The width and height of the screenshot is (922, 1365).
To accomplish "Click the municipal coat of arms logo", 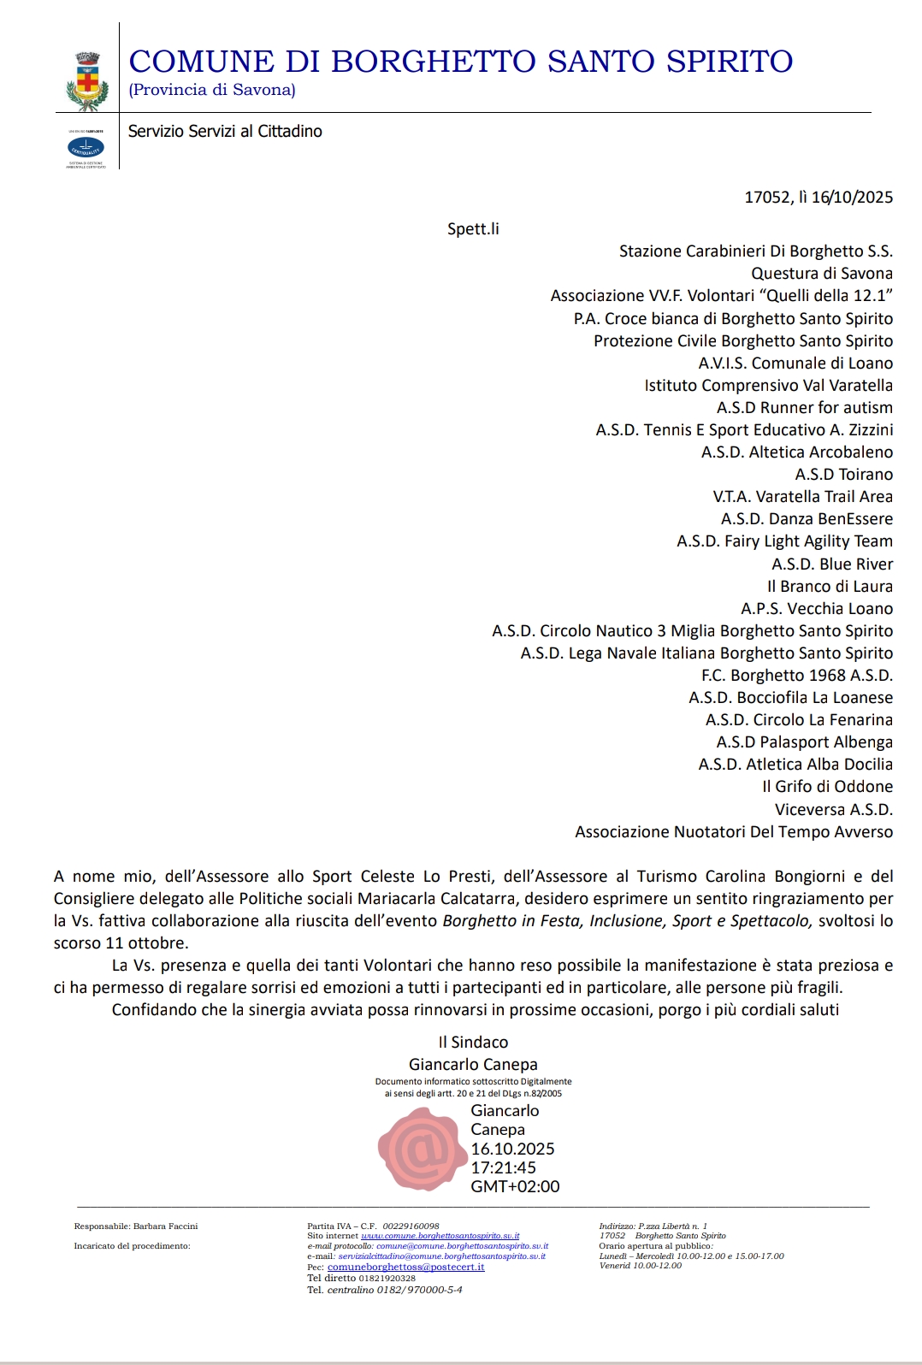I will point(86,80).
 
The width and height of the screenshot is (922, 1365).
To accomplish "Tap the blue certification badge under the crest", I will point(86,148).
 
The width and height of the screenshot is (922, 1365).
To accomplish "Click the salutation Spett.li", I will point(473,229).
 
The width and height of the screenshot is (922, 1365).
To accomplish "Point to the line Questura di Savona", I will point(821,274).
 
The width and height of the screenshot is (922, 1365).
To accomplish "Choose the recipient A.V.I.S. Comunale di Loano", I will point(795,363).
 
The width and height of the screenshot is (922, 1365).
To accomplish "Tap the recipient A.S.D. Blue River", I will point(831,564).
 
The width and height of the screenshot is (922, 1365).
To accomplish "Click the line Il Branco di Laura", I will point(830,586).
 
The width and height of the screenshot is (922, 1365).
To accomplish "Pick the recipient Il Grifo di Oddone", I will point(827,786).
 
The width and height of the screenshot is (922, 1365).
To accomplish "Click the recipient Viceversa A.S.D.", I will point(833,809).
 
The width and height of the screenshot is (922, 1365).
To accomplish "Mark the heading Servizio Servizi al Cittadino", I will point(225,131).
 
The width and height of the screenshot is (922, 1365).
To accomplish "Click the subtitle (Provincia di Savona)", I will point(212,90).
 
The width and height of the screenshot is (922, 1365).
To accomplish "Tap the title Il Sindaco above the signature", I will point(473,1042).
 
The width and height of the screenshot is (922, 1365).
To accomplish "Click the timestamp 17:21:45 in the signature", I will point(504,1167).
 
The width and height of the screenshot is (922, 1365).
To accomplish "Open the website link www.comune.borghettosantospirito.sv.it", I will point(440,1236).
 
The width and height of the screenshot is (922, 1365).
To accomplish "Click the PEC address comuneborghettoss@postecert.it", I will point(405,1267).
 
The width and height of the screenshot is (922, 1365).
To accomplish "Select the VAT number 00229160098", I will point(411,1226).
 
